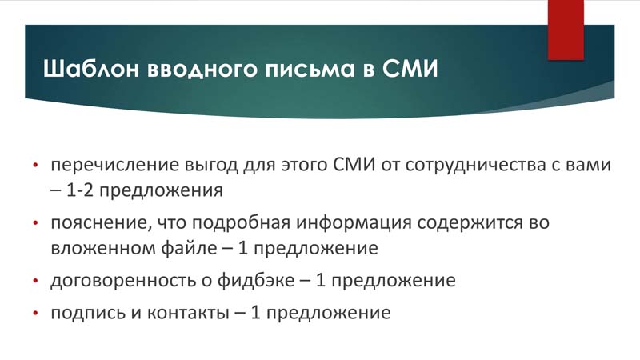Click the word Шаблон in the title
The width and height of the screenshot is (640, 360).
coord(91,68)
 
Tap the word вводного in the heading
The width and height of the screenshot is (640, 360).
coord(202,70)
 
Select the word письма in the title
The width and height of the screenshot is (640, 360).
coord(310,70)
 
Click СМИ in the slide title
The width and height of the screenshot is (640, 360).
coord(410,68)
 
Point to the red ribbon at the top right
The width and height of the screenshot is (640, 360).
coord(566,30)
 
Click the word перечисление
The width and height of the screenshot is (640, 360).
coord(115,166)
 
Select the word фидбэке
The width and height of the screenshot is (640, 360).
coord(256,281)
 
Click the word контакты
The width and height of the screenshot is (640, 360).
coord(188,314)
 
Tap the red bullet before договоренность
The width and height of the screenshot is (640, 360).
coord(35,281)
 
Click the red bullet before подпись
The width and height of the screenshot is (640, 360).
coord(35,314)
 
